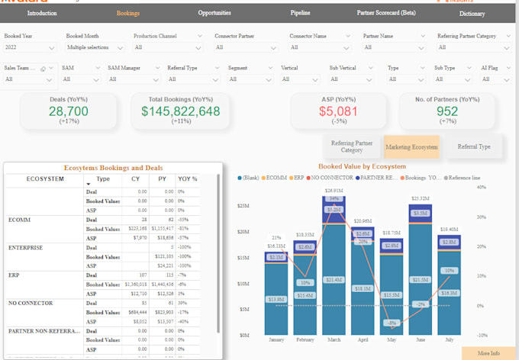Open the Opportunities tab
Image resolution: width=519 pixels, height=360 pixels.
[214, 13]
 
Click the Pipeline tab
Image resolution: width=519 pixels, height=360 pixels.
[300, 13]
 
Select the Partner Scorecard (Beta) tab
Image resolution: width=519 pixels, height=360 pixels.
[386, 13]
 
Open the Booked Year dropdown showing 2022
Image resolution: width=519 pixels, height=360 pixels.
[30, 47]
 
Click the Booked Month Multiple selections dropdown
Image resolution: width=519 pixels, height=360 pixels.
[94, 47]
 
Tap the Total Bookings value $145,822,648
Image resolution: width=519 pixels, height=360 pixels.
[181, 111]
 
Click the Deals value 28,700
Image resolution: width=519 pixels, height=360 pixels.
[69, 111]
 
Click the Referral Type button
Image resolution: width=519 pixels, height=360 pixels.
[474, 146]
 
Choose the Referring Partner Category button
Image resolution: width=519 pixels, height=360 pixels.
[351, 146]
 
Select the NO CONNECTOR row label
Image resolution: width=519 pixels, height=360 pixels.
[31, 302]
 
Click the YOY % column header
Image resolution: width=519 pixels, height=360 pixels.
[188, 179]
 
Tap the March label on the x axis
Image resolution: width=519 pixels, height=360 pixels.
[335, 340]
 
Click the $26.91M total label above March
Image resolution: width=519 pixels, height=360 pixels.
[334, 191]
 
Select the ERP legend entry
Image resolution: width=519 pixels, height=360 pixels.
[300, 177]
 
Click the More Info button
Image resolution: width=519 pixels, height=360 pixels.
[488, 353]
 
